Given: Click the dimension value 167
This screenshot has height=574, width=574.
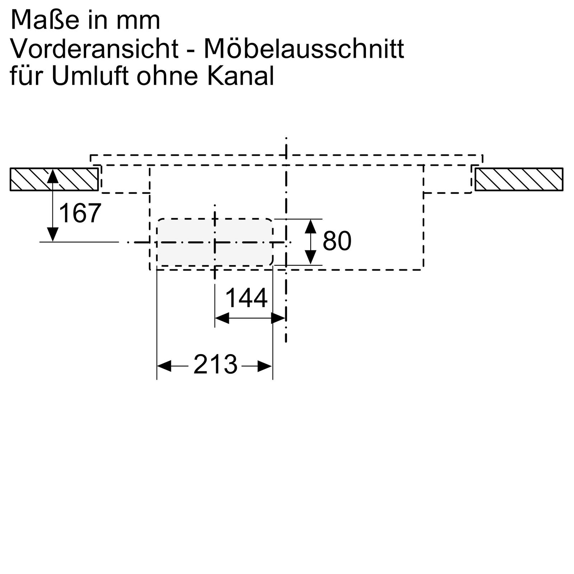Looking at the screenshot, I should (x=80, y=213).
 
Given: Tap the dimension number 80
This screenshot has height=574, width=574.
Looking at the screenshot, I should (x=337, y=241).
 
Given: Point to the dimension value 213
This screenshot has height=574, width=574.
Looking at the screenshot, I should (x=215, y=364).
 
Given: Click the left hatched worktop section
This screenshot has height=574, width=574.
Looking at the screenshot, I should (x=54, y=179).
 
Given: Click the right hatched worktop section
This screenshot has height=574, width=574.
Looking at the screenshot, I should (x=519, y=179).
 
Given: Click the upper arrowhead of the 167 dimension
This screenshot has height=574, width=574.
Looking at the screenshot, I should (x=53, y=176).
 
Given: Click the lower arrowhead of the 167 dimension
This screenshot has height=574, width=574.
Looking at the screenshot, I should (x=53, y=235).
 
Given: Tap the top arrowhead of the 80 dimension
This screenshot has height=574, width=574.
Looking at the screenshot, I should (x=311, y=225).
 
